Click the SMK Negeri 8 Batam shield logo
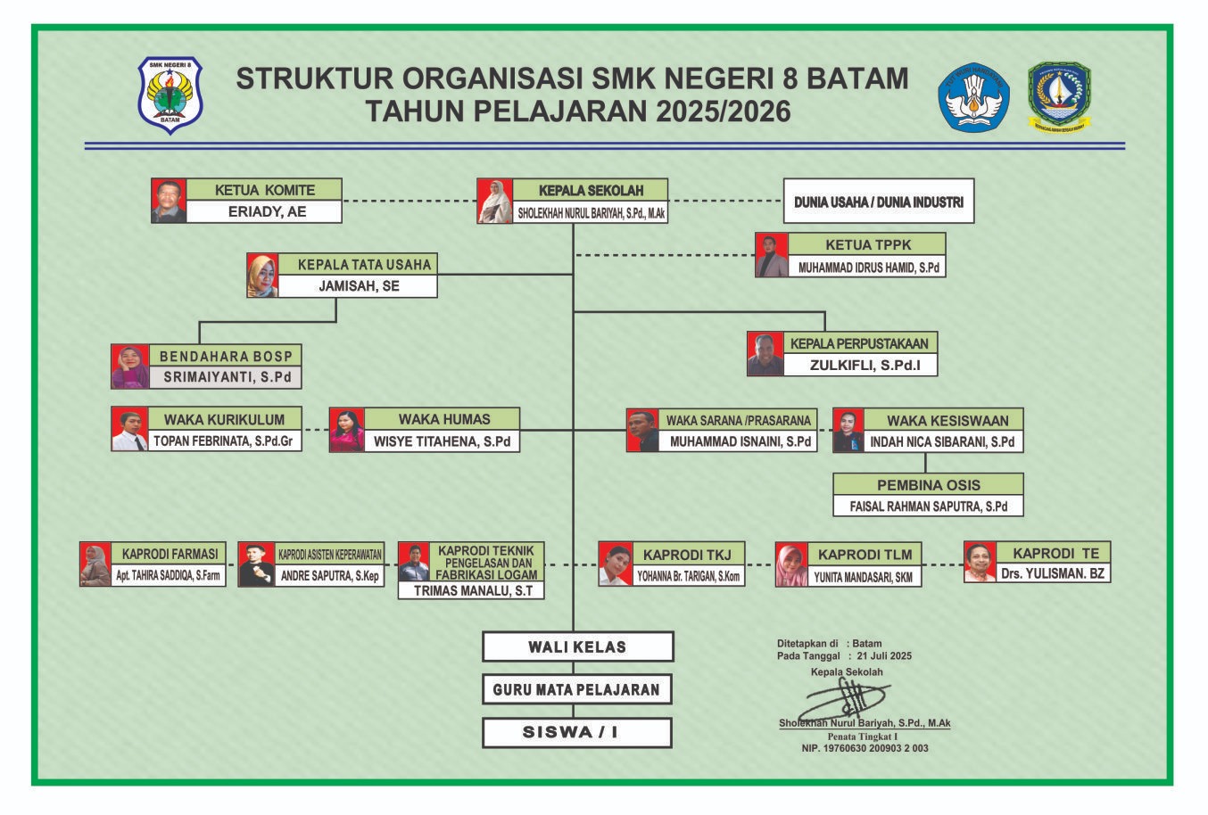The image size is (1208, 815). click(170, 95)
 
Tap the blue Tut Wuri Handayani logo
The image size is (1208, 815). click(973, 97)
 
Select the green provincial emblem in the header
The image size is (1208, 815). click(1059, 97)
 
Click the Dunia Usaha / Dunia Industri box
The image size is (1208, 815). click(879, 201)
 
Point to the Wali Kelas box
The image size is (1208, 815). click(577, 646)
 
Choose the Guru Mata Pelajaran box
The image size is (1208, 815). click(577, 689)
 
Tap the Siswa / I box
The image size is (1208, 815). click(577, 733)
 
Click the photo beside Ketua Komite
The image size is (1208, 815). click(169, 201)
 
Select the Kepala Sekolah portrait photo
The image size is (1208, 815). click(494, 201)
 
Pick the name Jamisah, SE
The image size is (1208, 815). click(360, 285)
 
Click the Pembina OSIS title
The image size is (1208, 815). click(928, 485)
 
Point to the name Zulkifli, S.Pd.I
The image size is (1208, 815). click(865, 366)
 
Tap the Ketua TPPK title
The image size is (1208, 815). click(868, 244)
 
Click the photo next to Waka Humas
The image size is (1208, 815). click(347, 430)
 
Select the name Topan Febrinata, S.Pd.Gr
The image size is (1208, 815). click(223, 441)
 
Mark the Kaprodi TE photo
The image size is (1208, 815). click(980, 562)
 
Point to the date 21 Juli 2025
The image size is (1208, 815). click(884, 656)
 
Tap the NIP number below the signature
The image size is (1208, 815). click(865, 748)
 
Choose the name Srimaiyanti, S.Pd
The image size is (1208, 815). click(227, 377)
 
